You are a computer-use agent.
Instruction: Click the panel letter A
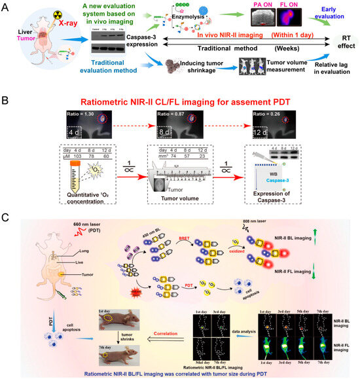tap(7, 6)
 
